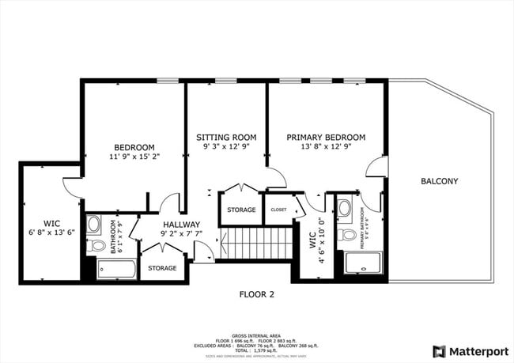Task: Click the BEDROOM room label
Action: coord(134,147)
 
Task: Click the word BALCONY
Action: coord(439,181)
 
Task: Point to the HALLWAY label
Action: coord(181,224)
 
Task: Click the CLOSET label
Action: coord(278,210)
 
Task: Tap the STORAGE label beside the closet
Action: coord(241,210)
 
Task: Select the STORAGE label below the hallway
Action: coord(162,268)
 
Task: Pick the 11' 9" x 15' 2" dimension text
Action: coord(134,157)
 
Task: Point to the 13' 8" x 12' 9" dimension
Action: coord(326,146)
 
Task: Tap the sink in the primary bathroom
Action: coord(346,210)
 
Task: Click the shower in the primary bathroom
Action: coord(362,263)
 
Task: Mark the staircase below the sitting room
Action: coord(255,244)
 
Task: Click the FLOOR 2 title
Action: coord(256,294)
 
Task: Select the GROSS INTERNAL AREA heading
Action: coord(256,335)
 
